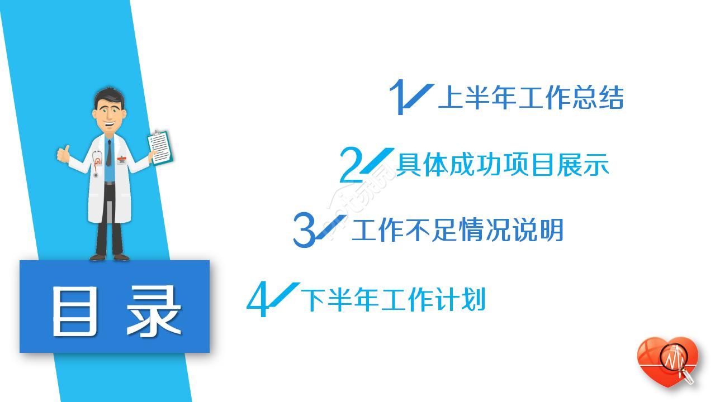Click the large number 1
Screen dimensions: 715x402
pos(397,97)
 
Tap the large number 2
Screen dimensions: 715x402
pos(351,165)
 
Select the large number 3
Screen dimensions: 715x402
pos(304,230)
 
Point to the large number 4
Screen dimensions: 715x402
pos(257,299)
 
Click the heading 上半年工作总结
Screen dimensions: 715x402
pos(531,97)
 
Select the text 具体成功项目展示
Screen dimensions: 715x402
pos(503,165)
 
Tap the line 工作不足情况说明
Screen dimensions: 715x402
pos(457,230)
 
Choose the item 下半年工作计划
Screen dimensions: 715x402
pos(393,299)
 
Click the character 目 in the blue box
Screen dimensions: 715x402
pos(75,311)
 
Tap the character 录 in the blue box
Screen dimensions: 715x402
pos(154,311)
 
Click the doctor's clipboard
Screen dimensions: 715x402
pos(160,147)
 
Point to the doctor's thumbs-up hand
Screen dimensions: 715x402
pos(64,154)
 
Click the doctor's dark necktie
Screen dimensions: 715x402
pos(109,152)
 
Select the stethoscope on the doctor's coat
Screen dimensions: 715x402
pos(97,163)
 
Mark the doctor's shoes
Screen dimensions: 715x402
pos(110,257)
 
